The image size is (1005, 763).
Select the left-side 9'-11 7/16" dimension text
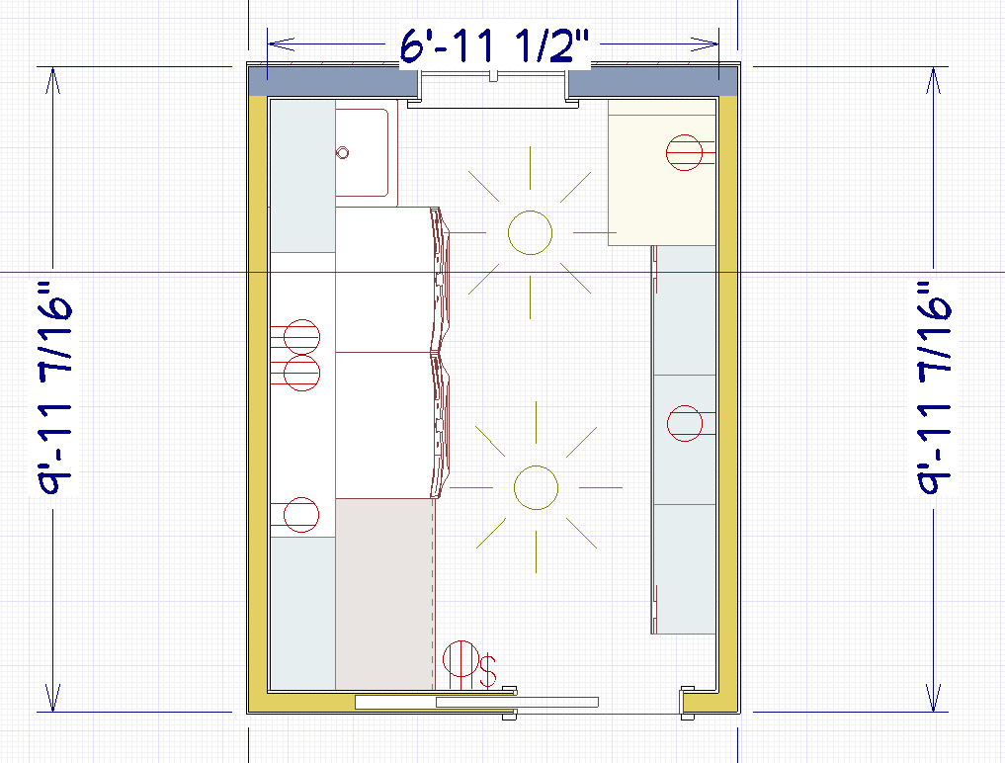pos(55,387)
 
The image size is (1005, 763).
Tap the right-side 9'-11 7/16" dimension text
pos(934,387)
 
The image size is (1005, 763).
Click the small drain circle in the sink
pos(342,152)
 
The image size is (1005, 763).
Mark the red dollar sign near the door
pos(488,671)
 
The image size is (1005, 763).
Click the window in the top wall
pos(493,88)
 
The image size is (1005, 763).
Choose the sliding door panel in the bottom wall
pos(477,702)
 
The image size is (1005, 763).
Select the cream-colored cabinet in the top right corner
pos(662,173)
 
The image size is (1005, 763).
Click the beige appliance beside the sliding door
pos(384,594)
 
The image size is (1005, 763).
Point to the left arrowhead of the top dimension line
pos(281,44)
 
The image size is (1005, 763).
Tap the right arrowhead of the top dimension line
pos(705,44)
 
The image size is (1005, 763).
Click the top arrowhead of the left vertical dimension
pos(52,80)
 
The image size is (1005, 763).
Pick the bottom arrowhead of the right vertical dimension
pos(933,698)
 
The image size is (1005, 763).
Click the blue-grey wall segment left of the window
pos(333,82)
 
